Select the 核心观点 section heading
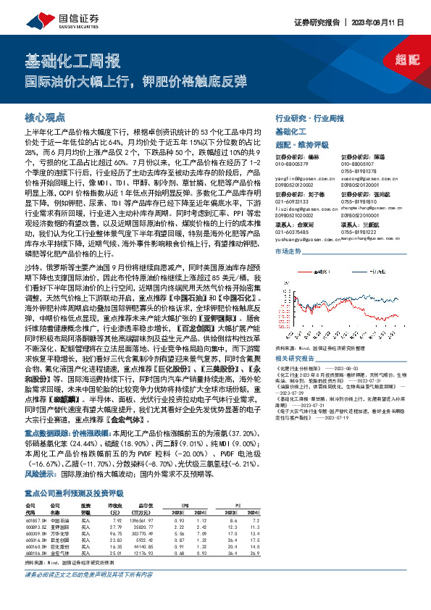[x=45, y=117]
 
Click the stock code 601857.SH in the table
[x=37, y=540]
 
